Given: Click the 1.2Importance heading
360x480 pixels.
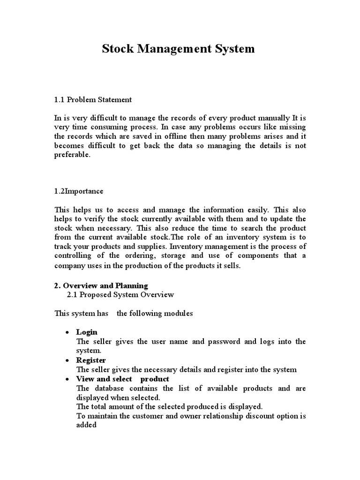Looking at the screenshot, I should click(79, 191).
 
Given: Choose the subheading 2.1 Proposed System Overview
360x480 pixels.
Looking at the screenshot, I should click(120, 294).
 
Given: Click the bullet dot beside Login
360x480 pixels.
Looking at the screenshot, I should click(67, 332).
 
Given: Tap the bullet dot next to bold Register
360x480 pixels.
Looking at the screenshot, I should click(67, 360).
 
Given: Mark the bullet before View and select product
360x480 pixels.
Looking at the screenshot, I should click(67, 379).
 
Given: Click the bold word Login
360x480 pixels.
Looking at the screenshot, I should click(87, 332).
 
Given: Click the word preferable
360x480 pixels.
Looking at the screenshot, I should click(72, 155).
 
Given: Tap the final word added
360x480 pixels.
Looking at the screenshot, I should click(86, 425).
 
